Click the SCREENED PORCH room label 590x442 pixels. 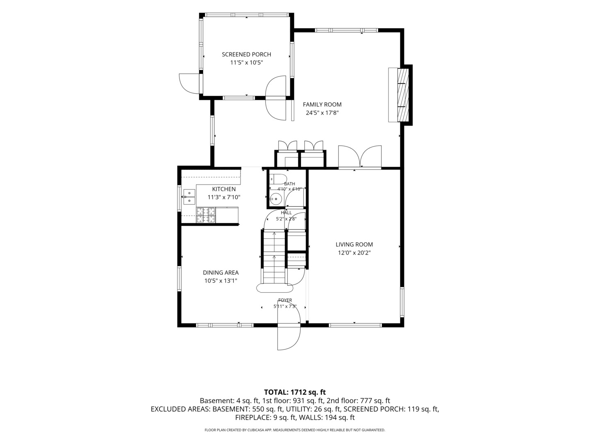click(246, 54)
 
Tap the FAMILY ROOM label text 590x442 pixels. click(322, 105)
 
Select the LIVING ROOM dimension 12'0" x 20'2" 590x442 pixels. click(354, 253)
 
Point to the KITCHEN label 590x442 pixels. click(224, 189)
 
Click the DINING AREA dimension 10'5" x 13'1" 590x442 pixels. click(221, 281)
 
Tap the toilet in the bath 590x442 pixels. click(279, 179)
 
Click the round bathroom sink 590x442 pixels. click(275, 199)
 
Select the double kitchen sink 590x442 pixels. click(189, 197)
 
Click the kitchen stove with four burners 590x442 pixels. click(206, 215)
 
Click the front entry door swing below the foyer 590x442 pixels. click(289, 336)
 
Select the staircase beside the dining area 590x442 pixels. click(274, 257)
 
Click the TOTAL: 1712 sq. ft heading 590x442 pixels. click(295, 392)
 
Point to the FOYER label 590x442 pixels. click(285, 300)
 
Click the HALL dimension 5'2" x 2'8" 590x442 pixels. click(286, 219)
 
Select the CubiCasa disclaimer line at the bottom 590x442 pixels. click(295, 430)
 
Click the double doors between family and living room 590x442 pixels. click(360, 157)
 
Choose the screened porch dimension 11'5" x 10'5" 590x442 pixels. click(246, 63)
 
